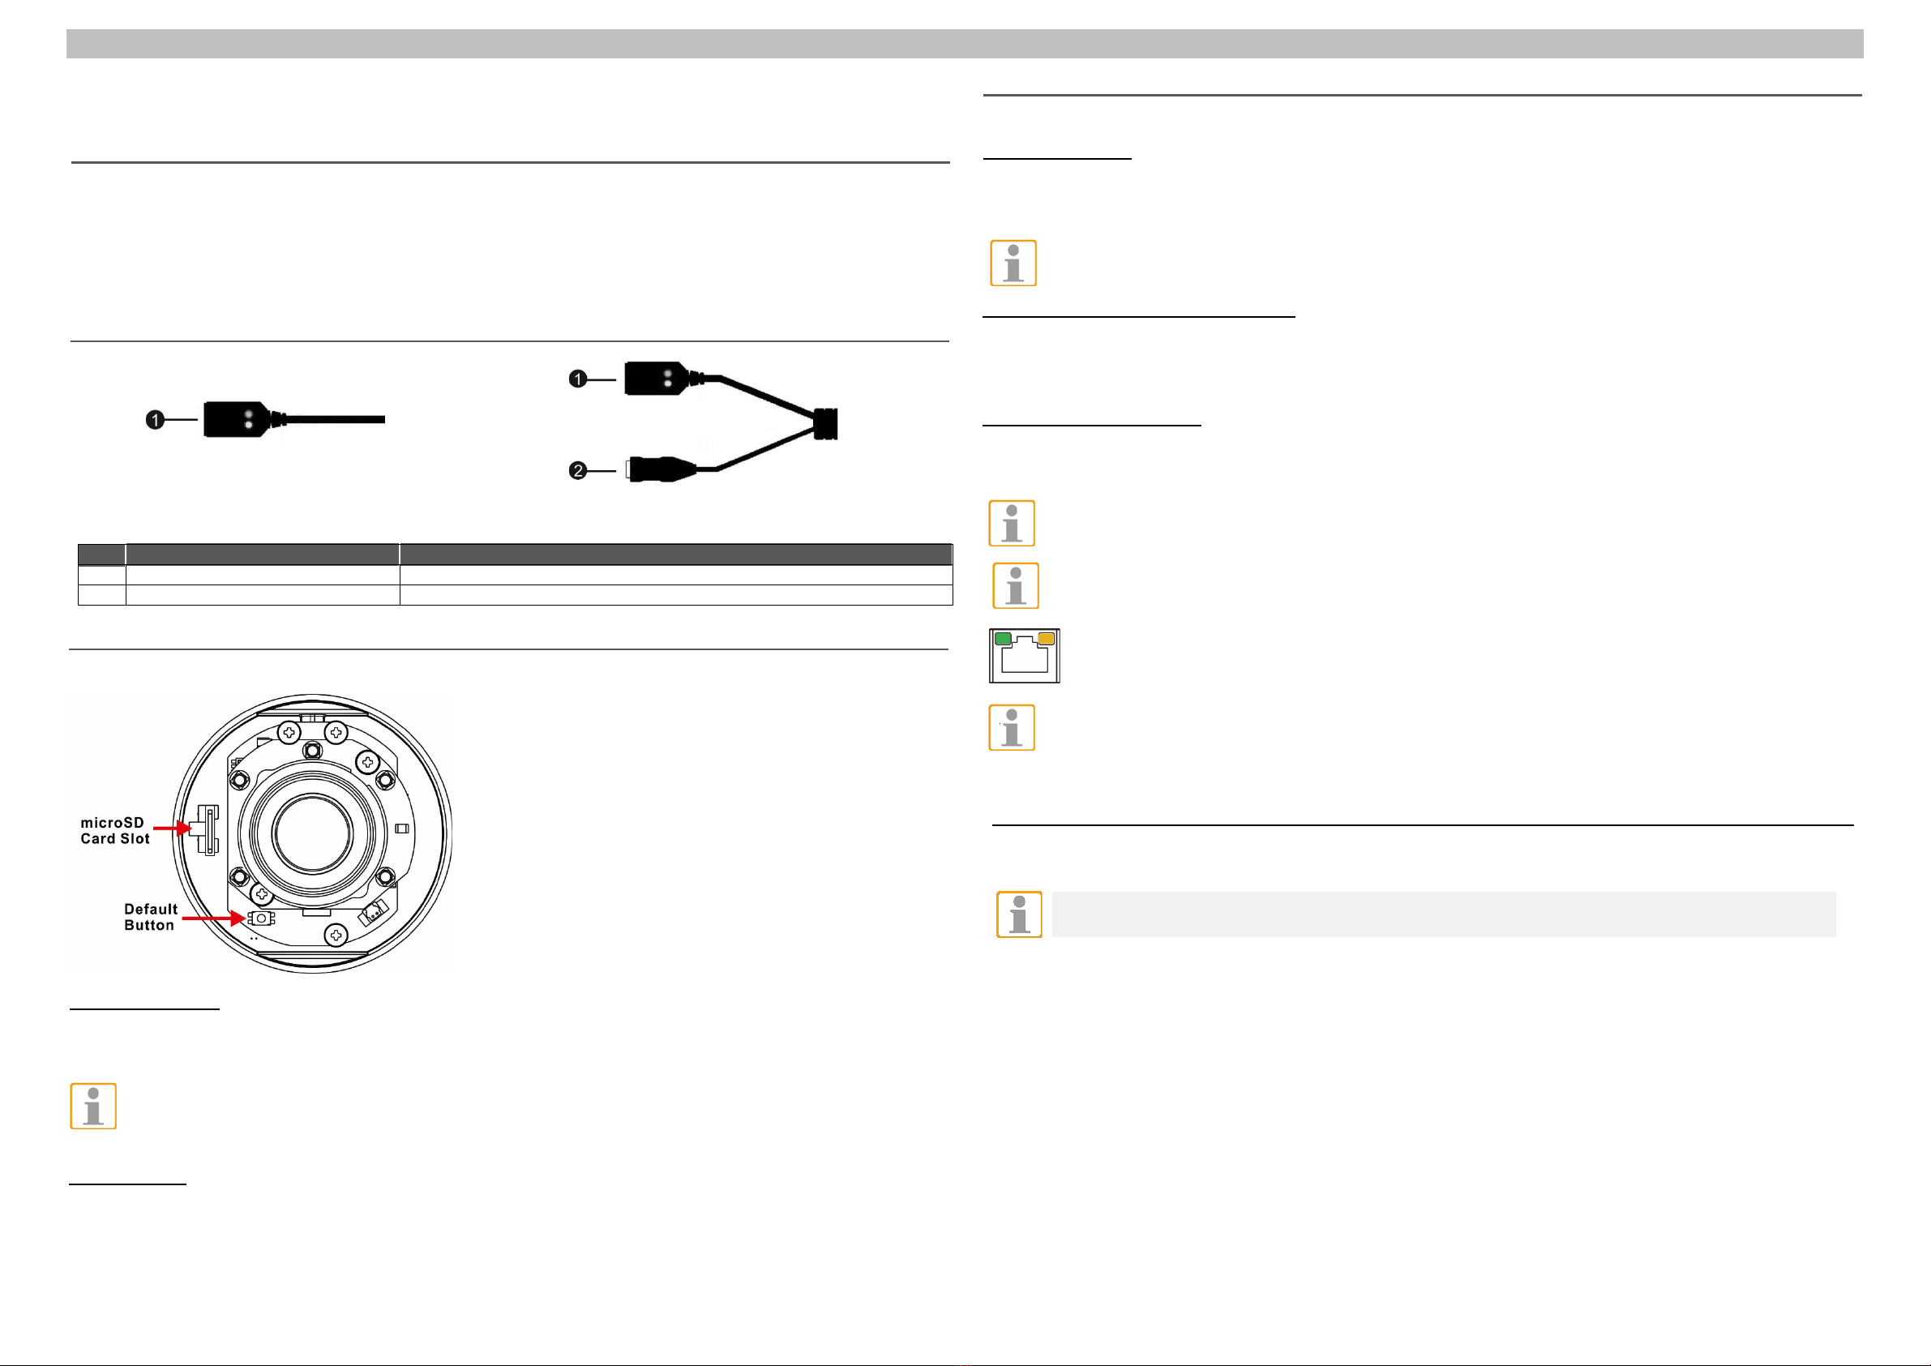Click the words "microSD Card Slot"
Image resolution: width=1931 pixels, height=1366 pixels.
(114, 830)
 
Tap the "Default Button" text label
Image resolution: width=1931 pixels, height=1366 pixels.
(151, 917)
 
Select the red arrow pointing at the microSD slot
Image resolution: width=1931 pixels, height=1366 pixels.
(173, 829)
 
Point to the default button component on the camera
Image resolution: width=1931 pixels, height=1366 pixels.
(261, 919)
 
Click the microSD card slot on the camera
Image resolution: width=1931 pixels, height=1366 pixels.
(207, 830)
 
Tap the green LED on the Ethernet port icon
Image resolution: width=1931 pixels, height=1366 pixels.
(1004, 639)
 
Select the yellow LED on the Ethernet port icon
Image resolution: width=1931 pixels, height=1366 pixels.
(1046, 639)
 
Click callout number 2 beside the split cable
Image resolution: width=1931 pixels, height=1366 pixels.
(578, 470)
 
